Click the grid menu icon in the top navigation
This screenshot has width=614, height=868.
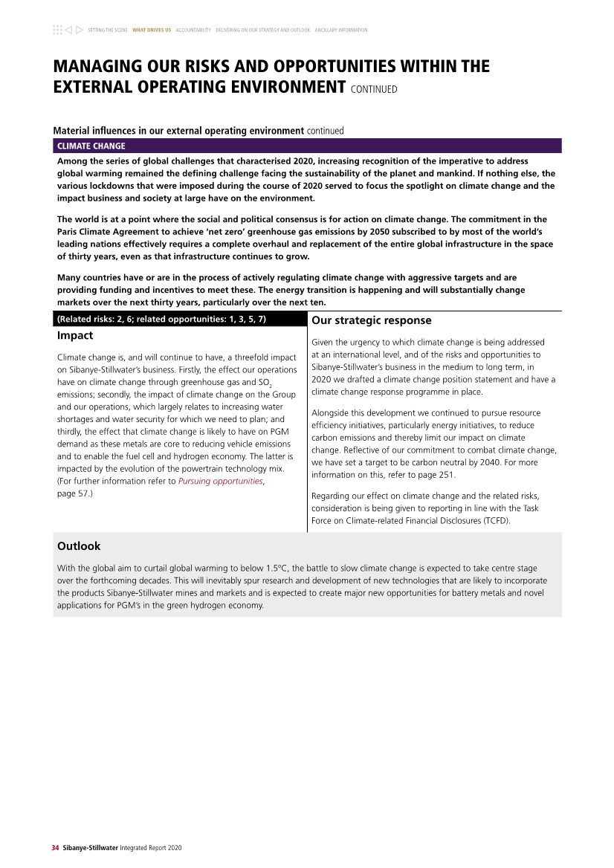[57, 30]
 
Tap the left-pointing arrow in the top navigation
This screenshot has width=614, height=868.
[68, 30]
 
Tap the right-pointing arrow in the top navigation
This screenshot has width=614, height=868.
[79, 30]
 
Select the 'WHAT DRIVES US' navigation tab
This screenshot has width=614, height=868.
[152, 30]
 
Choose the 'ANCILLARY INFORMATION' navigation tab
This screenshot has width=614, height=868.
[341, 30]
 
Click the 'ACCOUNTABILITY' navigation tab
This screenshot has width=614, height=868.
[193, 30]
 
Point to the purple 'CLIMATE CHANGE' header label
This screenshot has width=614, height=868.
[91, 146]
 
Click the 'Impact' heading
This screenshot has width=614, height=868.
[75, 335]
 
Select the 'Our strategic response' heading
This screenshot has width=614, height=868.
[371, 320]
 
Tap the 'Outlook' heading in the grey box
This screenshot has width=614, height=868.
[79, 546]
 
